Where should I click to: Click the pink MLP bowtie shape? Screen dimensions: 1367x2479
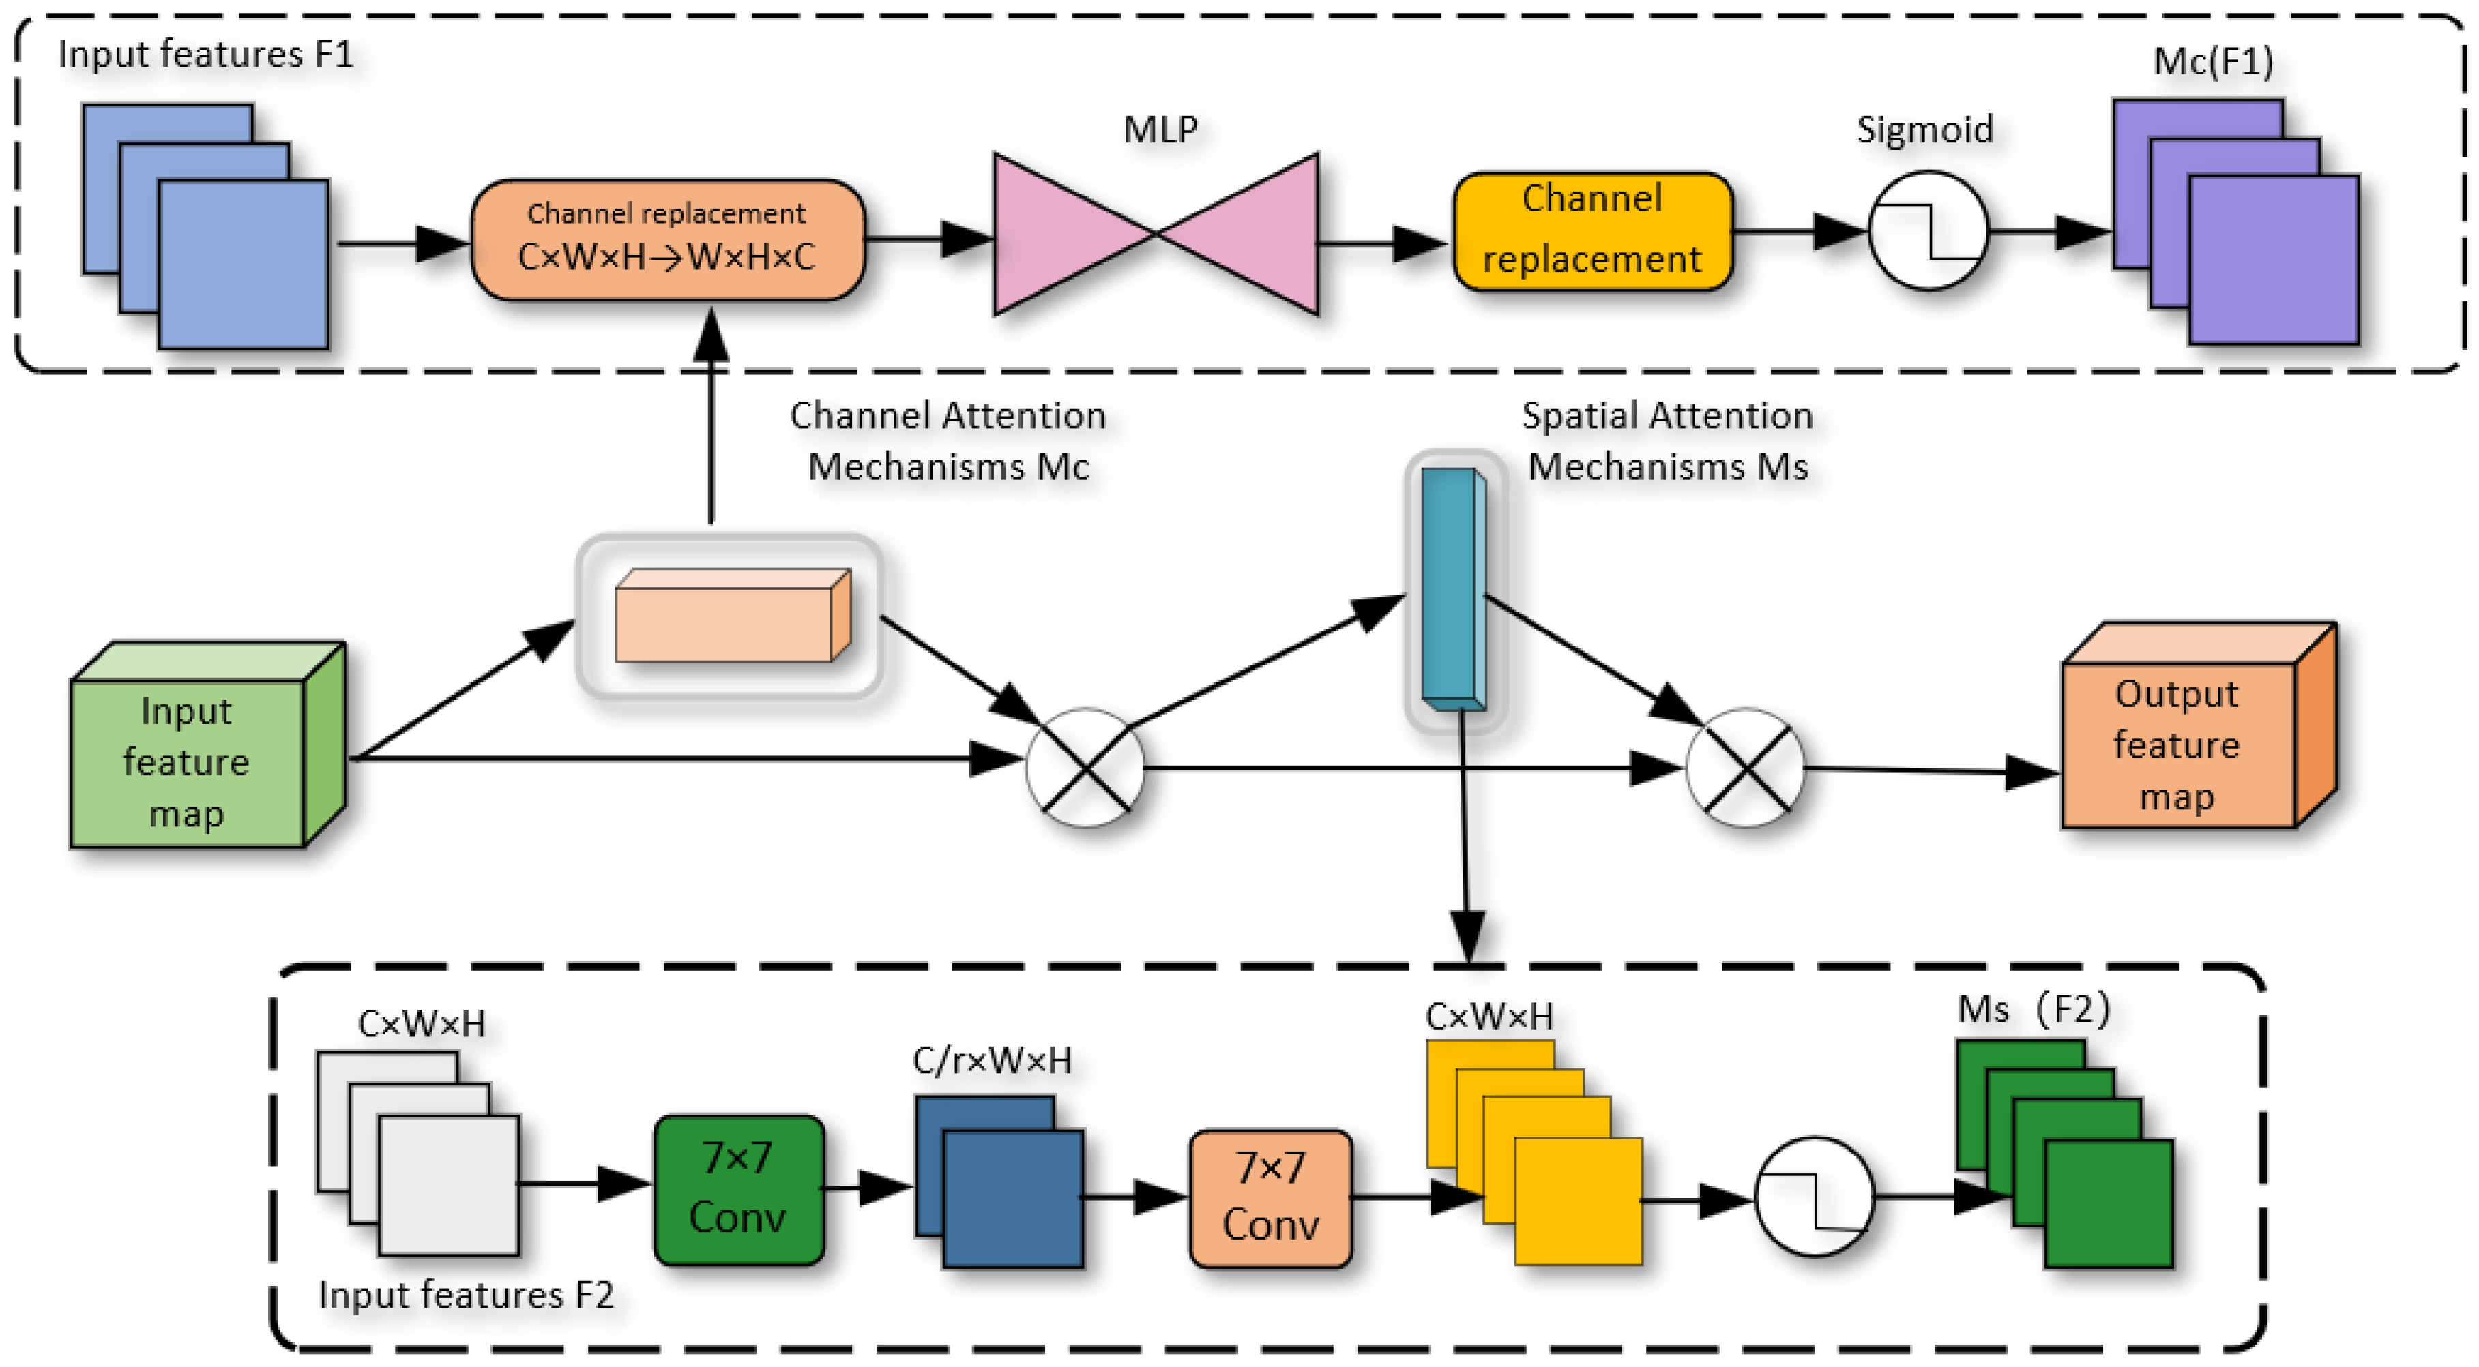(1156, 234)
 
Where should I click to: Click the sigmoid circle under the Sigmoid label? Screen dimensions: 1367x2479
(1928, 231)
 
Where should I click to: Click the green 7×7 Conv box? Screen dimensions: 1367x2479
(738, 1189)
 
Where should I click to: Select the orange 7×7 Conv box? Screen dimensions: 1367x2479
(1270, 1199)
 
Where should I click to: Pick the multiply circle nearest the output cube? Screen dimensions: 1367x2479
(1745, 768)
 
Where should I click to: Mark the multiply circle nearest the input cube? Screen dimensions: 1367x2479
(1085, 768)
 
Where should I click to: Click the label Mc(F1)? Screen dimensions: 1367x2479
(2212, 61)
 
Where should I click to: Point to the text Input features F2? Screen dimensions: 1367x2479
(466, 1295)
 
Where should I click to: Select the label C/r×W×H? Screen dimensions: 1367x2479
(991, 1060)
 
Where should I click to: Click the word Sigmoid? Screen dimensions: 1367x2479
(1924, 130)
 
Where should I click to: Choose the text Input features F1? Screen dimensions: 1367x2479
(206, 54)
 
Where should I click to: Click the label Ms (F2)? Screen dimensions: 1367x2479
(2034, 1009)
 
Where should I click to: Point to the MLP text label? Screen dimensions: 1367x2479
(1160, 130)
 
